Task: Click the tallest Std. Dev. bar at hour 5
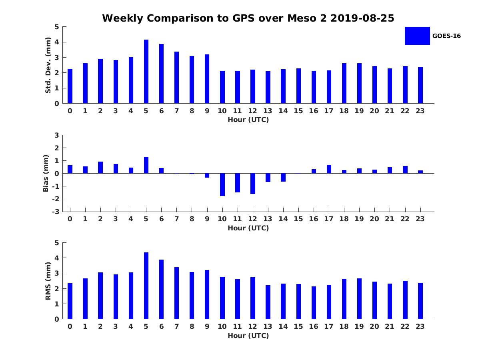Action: (x=146, y=72)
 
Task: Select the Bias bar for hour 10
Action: (x=222, y=184)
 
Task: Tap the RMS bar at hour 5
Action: (x=146, y=286)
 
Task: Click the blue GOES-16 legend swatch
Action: (x=417, y=36)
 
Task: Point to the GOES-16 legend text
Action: (x=446, y=36)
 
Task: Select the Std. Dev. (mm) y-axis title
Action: (x=48, y=65)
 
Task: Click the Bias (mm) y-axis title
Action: (x=46, y=173)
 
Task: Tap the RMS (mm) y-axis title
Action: (x=48, y=281)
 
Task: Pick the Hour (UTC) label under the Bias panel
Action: (x=248, y=228)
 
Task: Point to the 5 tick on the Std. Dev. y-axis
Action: (x=57, y=27)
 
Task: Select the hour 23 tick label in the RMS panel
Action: (x=420, y=326)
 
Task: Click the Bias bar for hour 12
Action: (x=253, y=184)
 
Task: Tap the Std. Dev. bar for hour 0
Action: (x=70, y=86)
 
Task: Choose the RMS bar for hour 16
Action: (x=314, y=303)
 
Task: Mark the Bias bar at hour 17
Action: (x=329, y=169)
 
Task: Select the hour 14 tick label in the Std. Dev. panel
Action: (x=283, y=111)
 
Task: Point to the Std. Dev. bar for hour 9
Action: (x=207, y=79)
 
